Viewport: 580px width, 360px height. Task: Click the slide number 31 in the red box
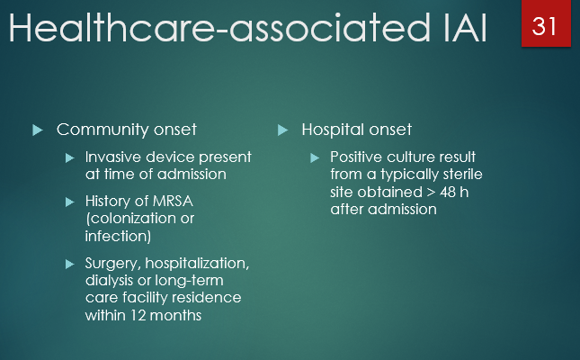pyautogui.click(x=545, y=25)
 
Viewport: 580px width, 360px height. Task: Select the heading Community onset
pyautogui.click(x=126, y=130)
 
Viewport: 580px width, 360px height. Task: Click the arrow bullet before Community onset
pyautogui.click(x=38, y=130)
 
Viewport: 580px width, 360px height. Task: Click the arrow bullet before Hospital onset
pyautogui.click(x=282, y=130)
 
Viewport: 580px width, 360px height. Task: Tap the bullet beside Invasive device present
pyautogui.click(x=71, y=157)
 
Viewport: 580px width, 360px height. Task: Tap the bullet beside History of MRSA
pyautogui.click(x=71, y=202)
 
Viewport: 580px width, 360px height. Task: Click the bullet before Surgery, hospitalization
pyautogui.click(x=71, y=264)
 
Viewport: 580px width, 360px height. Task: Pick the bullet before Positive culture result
pyautogui.click(x=315, y=157)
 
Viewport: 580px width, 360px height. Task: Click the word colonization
pyautogui.click(x=136, y=219)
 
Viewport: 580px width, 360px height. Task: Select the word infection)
pyautogui.click(x=118, y=235)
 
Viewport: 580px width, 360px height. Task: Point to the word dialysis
pyautogui.click(x=111, y=281)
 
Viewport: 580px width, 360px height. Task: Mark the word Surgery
pyautogui.click(x=113, y=264)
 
